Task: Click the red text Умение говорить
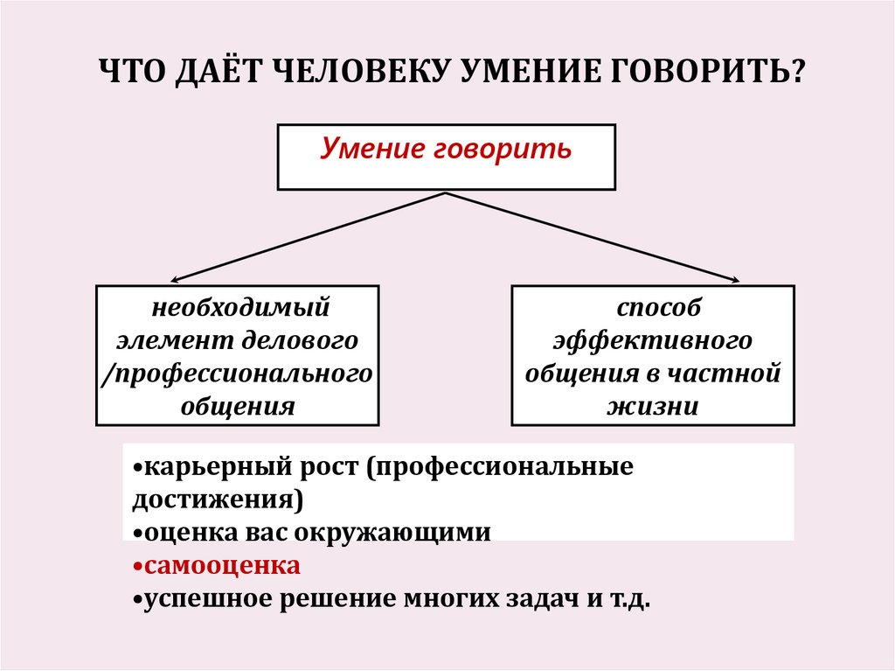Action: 446,149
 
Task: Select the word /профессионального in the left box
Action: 238,374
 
